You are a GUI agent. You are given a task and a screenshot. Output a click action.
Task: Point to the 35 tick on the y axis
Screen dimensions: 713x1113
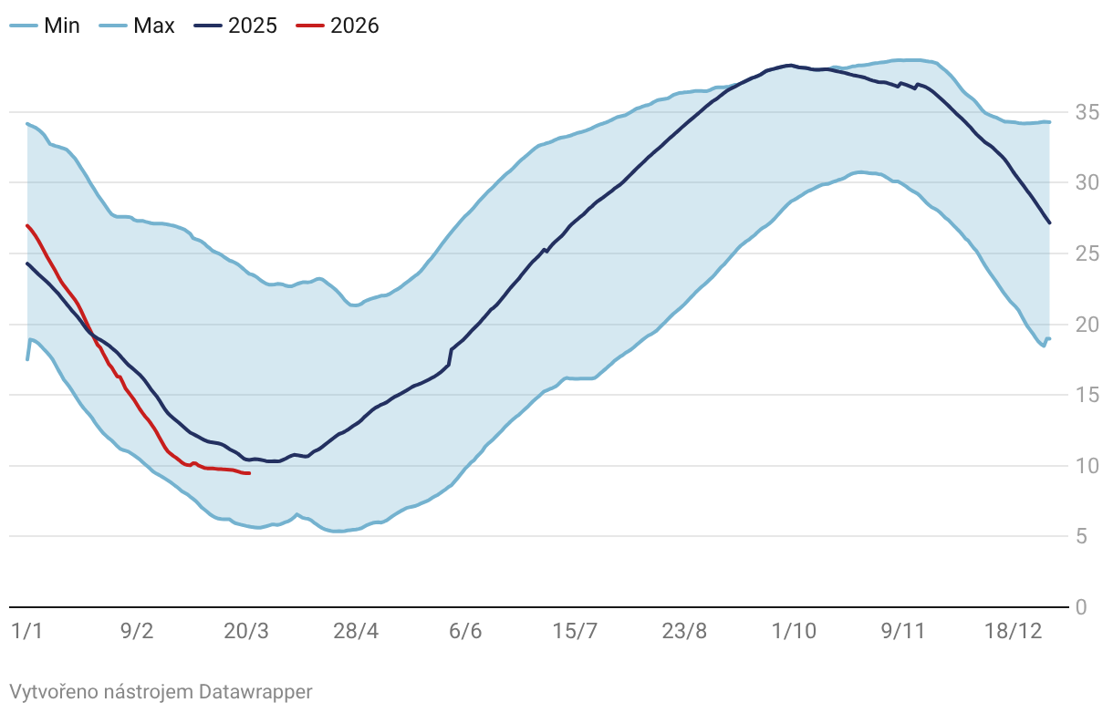click(x=1087, y=113)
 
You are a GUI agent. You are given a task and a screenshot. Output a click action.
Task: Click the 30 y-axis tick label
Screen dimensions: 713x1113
click(x=1087, y=183)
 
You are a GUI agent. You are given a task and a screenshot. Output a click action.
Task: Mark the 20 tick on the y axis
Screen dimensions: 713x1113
click(x=1087, y=325)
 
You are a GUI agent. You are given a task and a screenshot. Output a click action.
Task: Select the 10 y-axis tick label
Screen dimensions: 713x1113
click(x=1087, y=466)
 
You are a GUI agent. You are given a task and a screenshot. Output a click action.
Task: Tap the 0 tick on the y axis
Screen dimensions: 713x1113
click(x=1081, y=607)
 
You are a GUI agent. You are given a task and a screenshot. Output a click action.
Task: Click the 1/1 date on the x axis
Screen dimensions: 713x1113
click(x=26, y=632)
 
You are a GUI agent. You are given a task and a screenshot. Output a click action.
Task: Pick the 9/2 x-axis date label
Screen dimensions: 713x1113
click(x=137, y=632)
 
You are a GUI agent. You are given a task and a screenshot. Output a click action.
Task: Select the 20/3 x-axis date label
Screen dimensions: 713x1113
click(x=246, y=632)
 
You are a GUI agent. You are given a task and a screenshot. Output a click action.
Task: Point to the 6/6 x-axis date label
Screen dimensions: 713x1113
click(x=465, y=632)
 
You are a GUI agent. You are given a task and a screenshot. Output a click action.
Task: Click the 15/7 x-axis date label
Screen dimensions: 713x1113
click(x=575, y=632)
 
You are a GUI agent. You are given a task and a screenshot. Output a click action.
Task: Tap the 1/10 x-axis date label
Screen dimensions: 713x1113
click(x=794, y=632)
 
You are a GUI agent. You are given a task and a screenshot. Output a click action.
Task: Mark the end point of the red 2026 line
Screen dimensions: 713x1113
click(x=249, y=473)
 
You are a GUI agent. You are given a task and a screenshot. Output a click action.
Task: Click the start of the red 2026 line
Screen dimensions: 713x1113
click(x=27, y=225)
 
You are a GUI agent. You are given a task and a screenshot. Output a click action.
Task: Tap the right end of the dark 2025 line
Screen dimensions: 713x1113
click(x=1050, y=222)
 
